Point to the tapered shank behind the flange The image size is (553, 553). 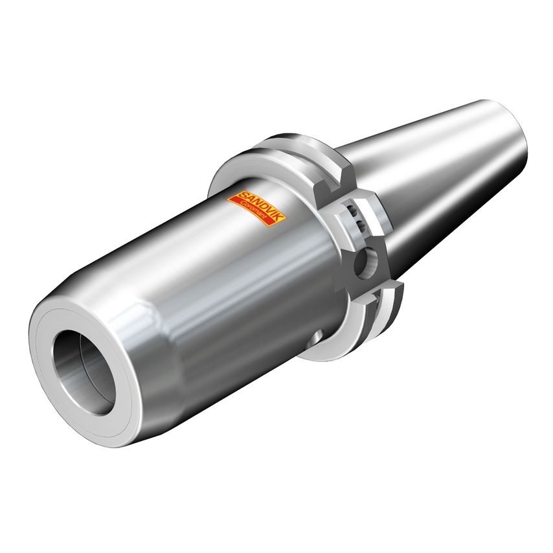tap(427, 168)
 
